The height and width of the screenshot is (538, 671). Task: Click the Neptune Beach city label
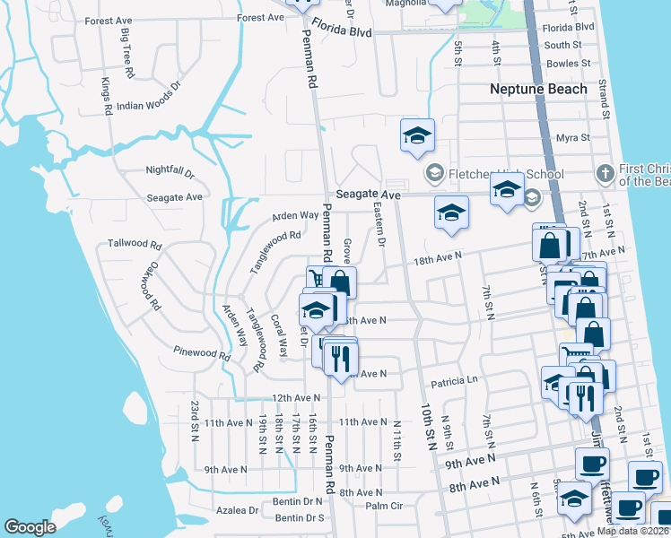tap(538, 89)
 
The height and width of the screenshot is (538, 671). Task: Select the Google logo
tap(30, 527)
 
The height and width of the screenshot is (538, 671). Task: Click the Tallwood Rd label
tap(134, 244)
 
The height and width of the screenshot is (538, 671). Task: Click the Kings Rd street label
tap(106, 96)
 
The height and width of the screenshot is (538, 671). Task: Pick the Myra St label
tap(572, 138)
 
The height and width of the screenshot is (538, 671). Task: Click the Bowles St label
tap(568, 64)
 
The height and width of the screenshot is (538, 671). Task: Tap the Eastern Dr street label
tap(379, 225)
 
